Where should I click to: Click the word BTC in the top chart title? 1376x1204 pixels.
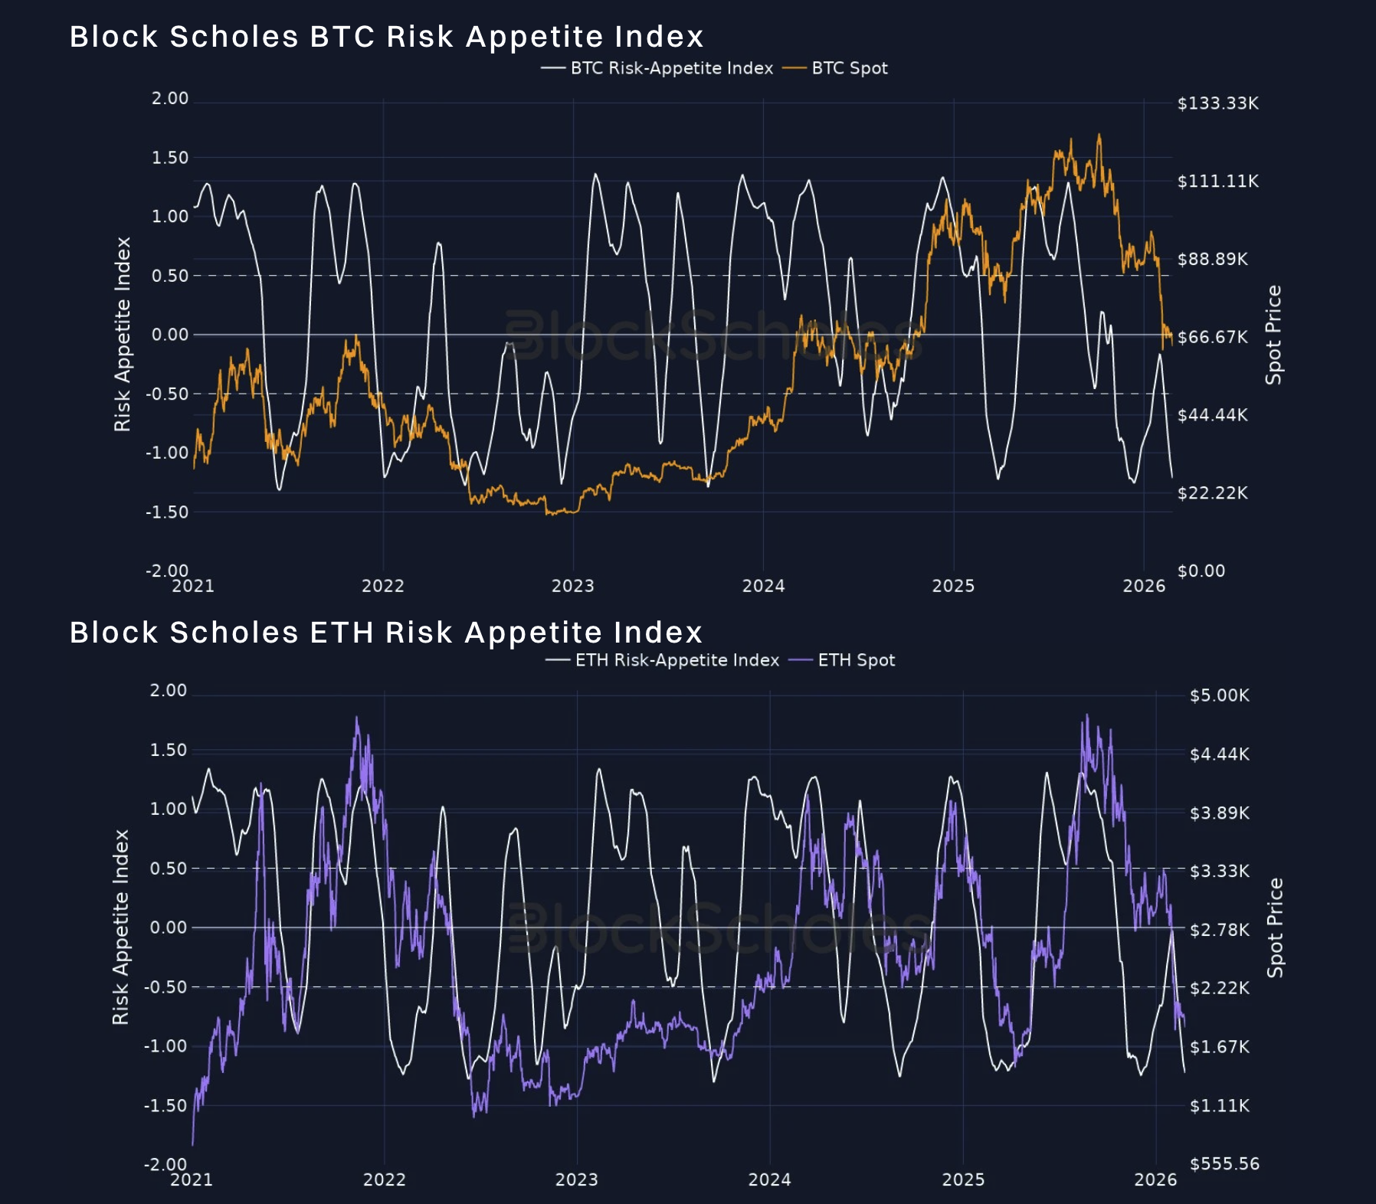[x=342, y=37]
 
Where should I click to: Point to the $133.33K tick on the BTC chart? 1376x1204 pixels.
[x=1217, y=103]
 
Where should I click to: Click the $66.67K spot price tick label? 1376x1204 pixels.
[x=1212, y=337]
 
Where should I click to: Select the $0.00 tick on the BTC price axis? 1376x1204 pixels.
[x=1201, y=571]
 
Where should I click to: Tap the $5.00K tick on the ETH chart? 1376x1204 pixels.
[x=1219, y=695]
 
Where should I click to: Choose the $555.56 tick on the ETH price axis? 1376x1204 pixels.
[x=1224, y=1164]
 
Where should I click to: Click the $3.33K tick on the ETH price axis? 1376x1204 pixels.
[x=1219, y=871]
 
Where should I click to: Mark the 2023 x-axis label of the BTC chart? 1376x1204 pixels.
[x=572, y=586]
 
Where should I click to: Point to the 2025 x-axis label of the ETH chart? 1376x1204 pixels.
[x=963, y=1179]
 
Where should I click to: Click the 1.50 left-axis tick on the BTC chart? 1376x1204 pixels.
[x=169, y=158]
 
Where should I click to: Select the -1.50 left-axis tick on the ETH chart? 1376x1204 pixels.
[x=165, y=1105]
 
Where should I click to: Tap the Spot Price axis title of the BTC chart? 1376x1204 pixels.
[x=1273, y=335]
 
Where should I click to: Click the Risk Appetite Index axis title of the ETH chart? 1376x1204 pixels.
[x=121, y=927]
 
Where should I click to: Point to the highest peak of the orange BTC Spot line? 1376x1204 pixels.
[x=1099, y=136]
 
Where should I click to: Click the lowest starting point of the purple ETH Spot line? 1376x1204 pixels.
[x=192, y=1145]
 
